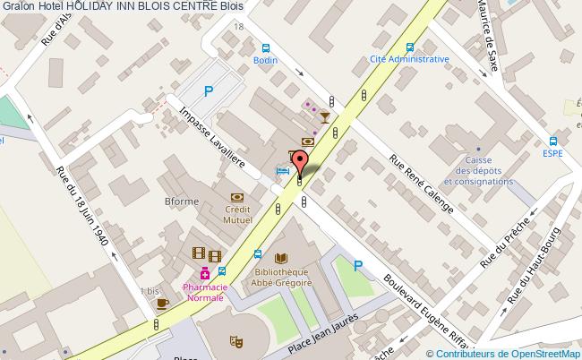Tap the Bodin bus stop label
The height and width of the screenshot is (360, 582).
(x=264, y=60)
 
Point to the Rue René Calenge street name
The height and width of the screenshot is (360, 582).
(x=421, y=184)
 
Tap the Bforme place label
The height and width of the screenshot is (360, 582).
(x=182, y=201)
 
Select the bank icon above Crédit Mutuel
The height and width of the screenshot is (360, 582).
(x=237, y=196)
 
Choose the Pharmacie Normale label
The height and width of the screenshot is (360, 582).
(x=205, y=292)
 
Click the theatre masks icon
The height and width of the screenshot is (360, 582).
(x=238, y=340)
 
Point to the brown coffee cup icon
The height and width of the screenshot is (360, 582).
(x=162, y=304)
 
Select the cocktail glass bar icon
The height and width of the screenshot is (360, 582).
(x=323, y=116)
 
